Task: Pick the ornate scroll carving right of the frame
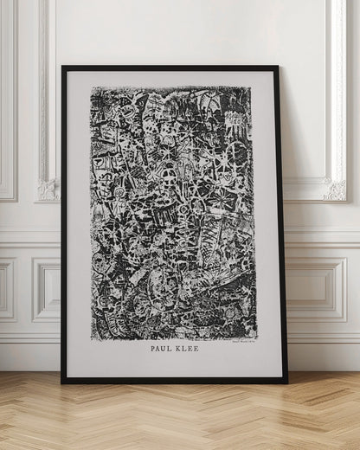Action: pos(334,189)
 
